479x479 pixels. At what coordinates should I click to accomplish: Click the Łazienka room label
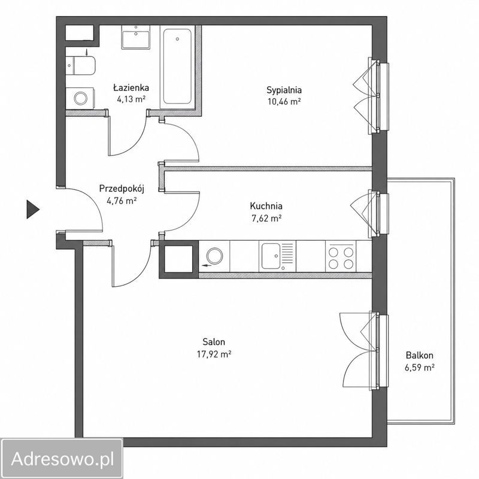point(131,88)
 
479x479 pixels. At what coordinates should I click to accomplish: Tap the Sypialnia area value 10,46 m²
point(284,101)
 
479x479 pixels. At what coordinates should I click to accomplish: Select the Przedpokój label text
point(122,189)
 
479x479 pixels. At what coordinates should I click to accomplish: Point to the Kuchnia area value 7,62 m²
point(266,218)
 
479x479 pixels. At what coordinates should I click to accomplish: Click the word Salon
point(214,341)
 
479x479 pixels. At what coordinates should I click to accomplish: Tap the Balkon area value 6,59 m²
point(420,368)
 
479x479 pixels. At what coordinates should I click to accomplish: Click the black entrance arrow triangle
point(33,209)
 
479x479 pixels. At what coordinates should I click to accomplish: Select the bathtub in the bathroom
point(177,66)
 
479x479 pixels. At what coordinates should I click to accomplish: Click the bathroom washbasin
point(136,37)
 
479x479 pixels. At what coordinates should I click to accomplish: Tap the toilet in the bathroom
point(81,65)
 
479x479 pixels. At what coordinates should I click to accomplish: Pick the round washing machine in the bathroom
point(80,98)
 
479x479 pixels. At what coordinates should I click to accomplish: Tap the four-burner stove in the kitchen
point(341,256)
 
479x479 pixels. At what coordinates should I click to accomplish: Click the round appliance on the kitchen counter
point(214,255)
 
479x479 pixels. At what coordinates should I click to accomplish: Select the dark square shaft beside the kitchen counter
point(178,259)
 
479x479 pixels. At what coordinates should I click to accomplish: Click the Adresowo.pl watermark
point(62,459)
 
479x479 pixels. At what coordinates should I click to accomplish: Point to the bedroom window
point(379,96)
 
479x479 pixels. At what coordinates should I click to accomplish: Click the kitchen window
point(379,214)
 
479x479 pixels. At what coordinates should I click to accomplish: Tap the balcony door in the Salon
point(379,351)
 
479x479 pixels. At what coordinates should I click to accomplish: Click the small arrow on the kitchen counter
point(207,265)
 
